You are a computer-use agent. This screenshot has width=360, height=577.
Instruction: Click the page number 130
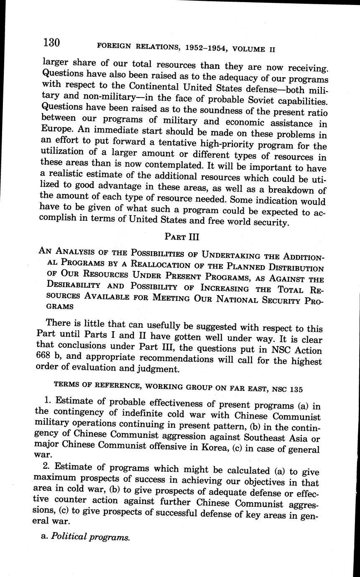pos(51,43)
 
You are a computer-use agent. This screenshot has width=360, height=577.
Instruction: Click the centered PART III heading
pos(182,237)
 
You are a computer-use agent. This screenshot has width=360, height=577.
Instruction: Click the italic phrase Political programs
pos(90,537)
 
